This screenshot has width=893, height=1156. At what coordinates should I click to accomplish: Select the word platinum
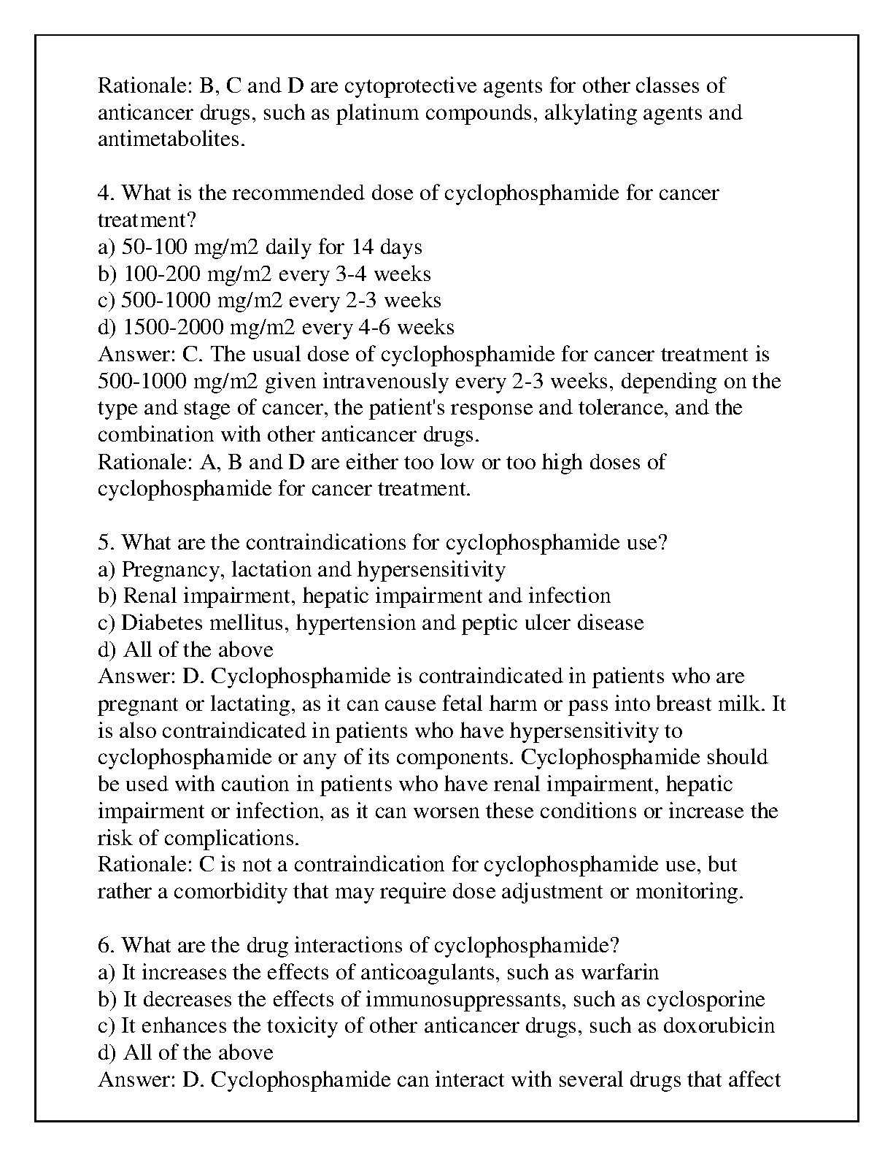[x=378, y=113]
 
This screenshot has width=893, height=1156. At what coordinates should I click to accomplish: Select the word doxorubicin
[x=719, y=1026]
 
